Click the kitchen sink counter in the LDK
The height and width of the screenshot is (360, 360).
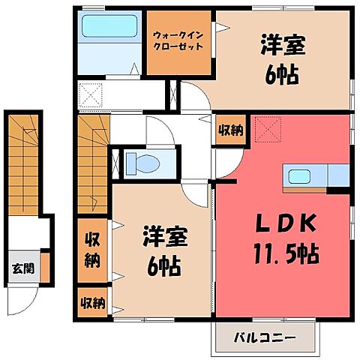pos(307,177)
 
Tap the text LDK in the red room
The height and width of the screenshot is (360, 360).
pos(282,223)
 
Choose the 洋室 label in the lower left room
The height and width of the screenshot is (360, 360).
pos(165,240)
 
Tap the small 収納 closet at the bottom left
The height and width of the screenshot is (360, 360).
pos(92,303)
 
